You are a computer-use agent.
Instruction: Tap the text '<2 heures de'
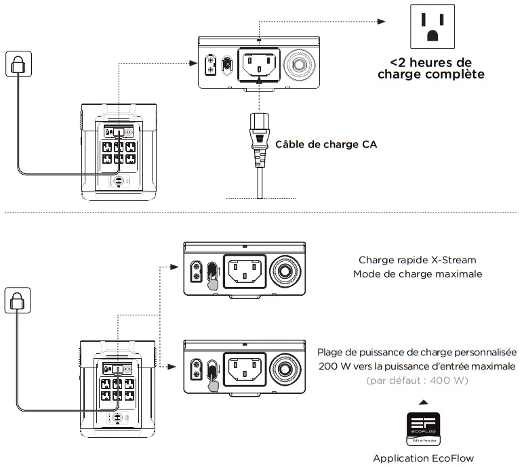[x=430, y=62]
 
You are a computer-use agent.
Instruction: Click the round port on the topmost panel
[x=299, y=66]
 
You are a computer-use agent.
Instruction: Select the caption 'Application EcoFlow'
[x=423, y=458]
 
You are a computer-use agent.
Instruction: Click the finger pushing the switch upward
[x=213, y=283]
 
